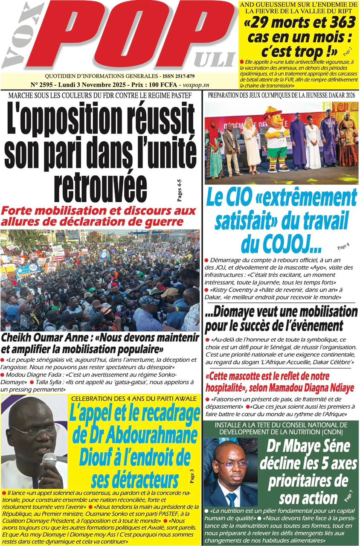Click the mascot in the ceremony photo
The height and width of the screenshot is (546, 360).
(x=276, y=139)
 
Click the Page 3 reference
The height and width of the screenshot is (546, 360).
(x=192, y=476)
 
